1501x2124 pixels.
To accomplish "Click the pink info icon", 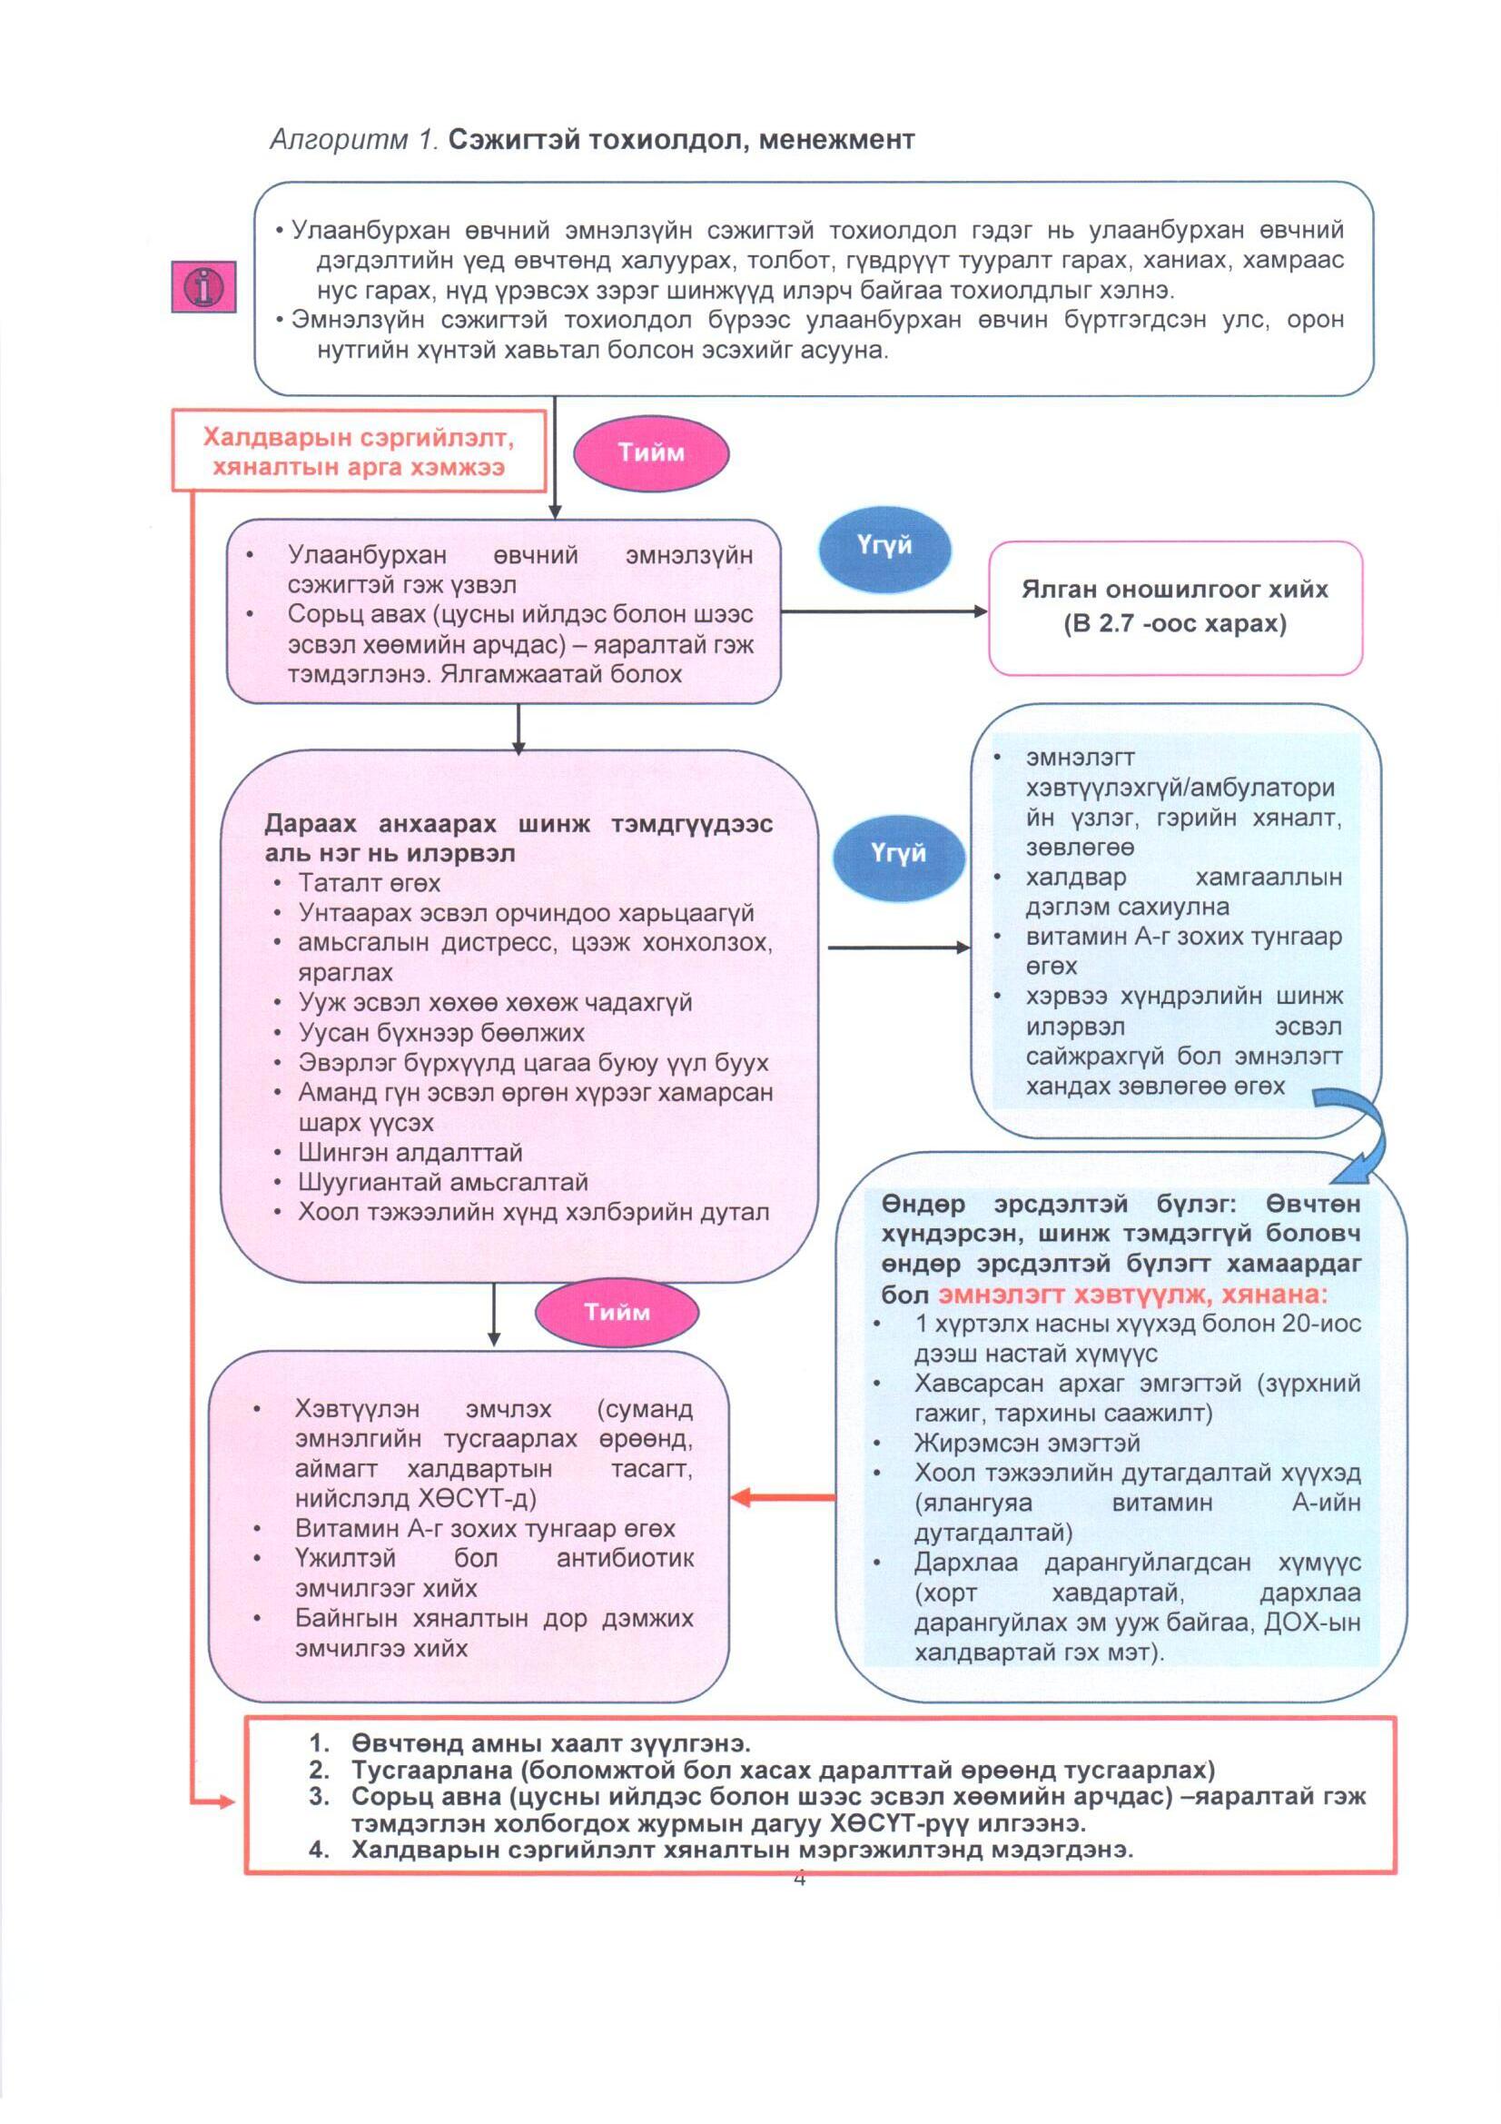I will click(x=203, y=287).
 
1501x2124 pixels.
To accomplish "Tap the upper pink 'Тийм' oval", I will click(x=651, y=452).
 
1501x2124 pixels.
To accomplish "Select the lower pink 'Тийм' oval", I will click(x=617, y=1312).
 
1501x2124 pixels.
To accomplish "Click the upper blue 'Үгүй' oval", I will click(x=884, y=546).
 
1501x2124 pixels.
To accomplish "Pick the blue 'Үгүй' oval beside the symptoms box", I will click(x=898, y=853).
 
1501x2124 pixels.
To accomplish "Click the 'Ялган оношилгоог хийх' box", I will click(x=1174, y=607).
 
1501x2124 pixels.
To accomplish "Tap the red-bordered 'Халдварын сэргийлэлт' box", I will click(x=359, y=451).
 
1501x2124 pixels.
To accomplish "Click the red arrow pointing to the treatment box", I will click(x=783, y=1497).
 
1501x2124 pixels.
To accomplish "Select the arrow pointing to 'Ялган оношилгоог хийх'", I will click(x=884, y=610).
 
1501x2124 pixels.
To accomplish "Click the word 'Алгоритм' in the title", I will click(x=339, y=140).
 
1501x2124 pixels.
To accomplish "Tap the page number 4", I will click(x=799, y=1879).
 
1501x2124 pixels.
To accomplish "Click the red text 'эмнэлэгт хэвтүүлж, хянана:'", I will click(x=1132, y=1295).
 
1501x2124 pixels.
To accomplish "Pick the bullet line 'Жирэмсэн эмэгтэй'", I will click(x=1027, y=1444).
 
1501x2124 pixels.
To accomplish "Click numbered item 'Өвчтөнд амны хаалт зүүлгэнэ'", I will click(x=549, y=1742).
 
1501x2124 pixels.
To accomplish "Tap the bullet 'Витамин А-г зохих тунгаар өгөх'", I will click(x=485, y=1528).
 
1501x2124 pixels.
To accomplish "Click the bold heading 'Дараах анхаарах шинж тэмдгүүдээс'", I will click(x=518, y=823).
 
